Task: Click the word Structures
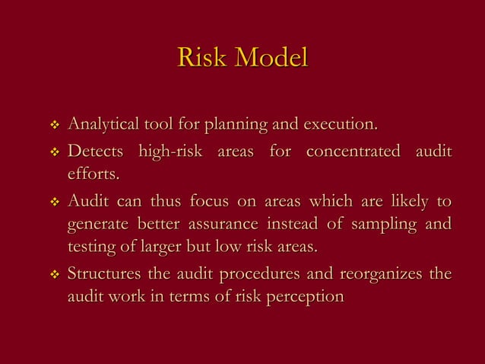coord(104,274)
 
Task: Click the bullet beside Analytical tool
coord(53,124)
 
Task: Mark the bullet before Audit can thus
coord(53,203)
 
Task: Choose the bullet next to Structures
coord(53,275)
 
